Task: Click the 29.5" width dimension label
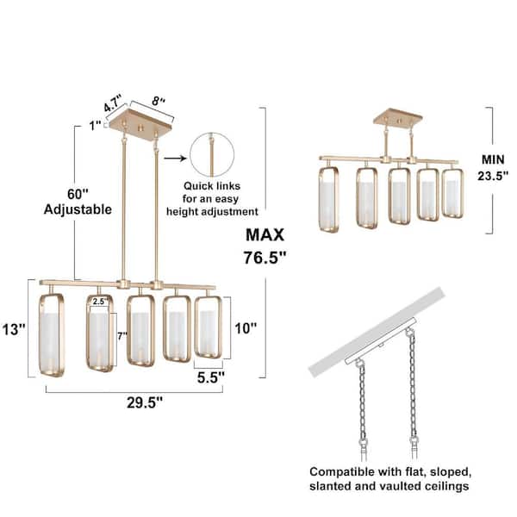[x=145, y=402]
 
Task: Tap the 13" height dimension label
[x=14, y=329]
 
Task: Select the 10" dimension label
[x=246, y=328]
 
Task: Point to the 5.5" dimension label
[x=211, y=377]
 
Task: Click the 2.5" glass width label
[x=98, y=301]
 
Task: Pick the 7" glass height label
[x=122, y=336]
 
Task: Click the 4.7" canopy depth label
[x=113, y=103]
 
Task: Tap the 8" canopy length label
[x=159, y=101]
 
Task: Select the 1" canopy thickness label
[x=95, y=126]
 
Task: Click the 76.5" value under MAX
[x=265, y=258]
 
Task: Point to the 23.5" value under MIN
[x=493, y=176]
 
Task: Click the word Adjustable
[x=78, y=209]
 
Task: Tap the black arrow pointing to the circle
[x=175, y=159]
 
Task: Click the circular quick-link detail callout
[x=212, y=154]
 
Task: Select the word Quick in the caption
[x=196, y=186]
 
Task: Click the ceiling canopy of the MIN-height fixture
[x=397, y=120]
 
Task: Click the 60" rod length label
[x=78, y=194]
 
